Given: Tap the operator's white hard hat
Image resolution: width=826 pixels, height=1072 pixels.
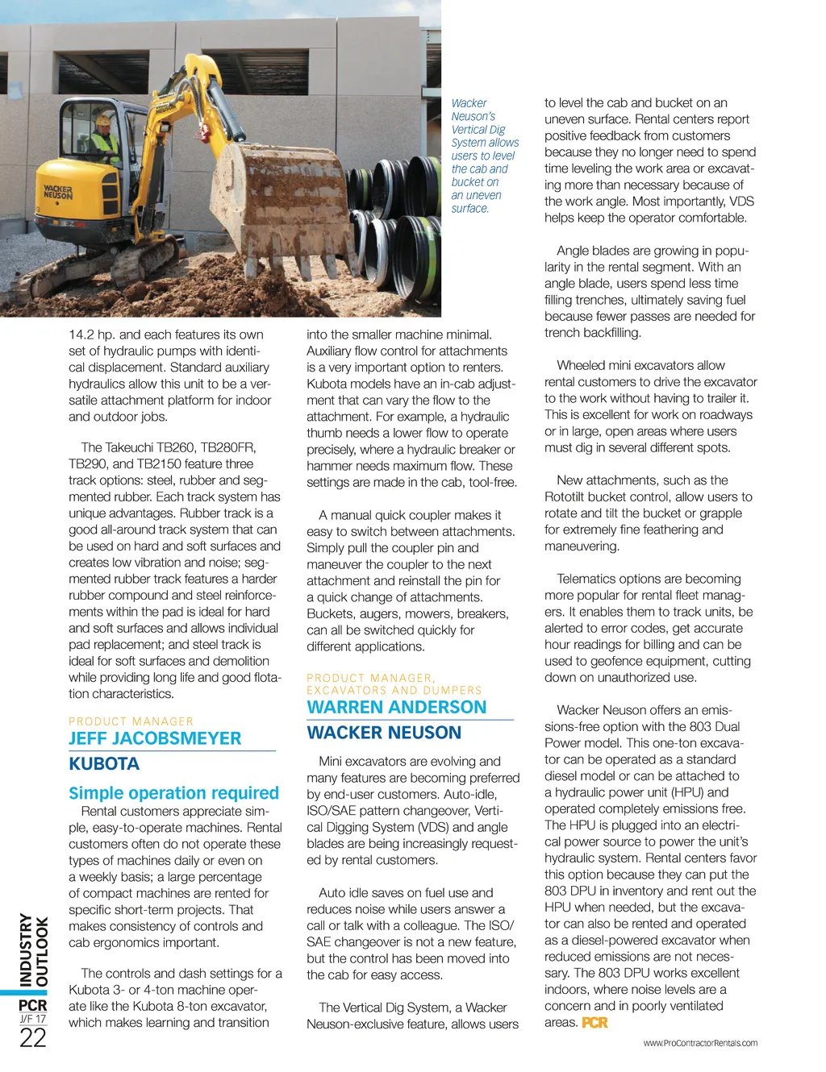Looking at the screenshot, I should coord(103,121).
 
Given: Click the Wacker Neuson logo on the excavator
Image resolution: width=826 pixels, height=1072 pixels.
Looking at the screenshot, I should coord(58,192).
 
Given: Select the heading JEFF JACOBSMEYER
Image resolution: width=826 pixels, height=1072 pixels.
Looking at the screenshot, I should coord(155,738).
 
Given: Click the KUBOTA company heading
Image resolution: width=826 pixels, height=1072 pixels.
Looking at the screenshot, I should coord(104,764).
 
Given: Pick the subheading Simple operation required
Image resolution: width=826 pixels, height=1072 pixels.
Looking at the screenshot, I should coord(173,793).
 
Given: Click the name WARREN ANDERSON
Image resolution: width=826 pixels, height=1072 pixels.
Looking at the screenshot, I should coord(397,708).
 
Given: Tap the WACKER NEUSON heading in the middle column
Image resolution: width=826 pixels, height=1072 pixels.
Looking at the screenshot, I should coord(384,733).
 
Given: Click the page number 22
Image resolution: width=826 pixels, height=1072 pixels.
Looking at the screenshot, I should coord(33,1038).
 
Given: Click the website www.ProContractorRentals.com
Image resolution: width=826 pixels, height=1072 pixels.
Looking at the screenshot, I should coord(700,1043).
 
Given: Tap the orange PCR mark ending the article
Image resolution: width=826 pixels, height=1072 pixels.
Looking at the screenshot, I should coord(594,1023).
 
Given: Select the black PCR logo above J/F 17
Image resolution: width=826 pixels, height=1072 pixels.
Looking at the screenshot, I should coord(33,1005).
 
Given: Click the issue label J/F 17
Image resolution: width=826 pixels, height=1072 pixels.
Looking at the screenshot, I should coord(33,1020).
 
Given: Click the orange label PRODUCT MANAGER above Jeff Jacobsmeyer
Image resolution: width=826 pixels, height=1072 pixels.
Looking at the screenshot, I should coord(131,721).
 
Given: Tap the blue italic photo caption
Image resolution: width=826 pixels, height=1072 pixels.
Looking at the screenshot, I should coord(484,156).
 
